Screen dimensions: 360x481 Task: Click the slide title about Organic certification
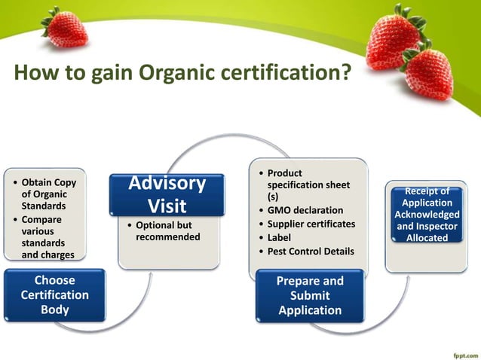tap(182, 74)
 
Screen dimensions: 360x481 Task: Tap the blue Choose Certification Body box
tap(55, 295)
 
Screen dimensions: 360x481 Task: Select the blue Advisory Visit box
tap(167, 194)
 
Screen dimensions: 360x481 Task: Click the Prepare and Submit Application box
tap(309, 295)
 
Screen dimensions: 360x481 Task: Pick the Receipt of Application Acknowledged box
tap(427, 214)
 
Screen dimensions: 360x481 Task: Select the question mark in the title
tap(345, 74)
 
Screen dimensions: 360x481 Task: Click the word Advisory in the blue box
tap(167, 183)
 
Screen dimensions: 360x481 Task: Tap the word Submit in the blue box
tap(309, 295)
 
